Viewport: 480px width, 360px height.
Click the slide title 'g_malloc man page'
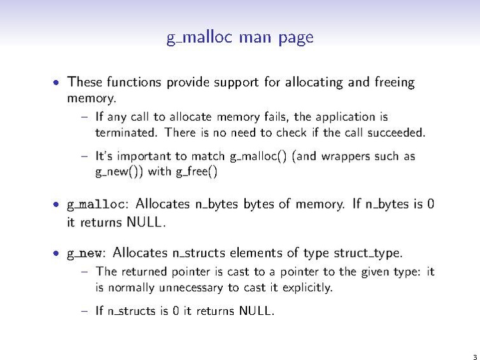click(x=240, y=38)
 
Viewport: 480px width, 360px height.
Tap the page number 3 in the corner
click(x=475, y=357)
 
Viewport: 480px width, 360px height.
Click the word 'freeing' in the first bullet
click(x=395, y=83)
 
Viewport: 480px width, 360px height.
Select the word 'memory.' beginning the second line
click(x=92, y=99)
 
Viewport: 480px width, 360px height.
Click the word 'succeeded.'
click(x=397, y=133)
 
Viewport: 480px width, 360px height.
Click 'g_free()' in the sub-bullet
click(x=197, y=172)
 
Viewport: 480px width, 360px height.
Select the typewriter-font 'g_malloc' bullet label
click(x=96, y=204)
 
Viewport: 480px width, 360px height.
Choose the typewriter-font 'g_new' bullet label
click(x=84, y=253)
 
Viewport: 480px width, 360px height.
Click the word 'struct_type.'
click(x=368, y=253)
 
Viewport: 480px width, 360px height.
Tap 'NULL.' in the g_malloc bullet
click(x=146, y=222)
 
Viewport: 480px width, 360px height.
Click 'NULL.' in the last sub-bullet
click(x=257, y=311)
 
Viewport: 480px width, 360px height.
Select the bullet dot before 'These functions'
click(x=56, y=83)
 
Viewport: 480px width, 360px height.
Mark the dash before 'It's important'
click(x=85, y=156)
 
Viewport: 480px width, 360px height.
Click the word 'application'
click(x=345, y=118)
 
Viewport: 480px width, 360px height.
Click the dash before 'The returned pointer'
click(x=85, y=272)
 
